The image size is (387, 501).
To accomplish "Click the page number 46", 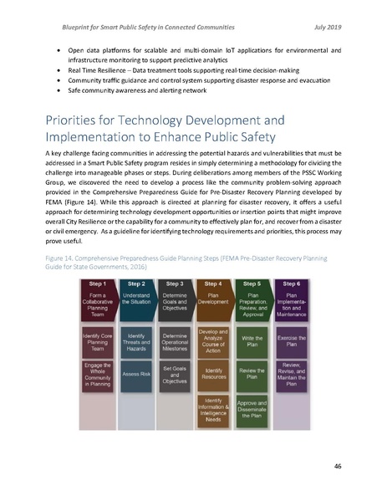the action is pos(338,465).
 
